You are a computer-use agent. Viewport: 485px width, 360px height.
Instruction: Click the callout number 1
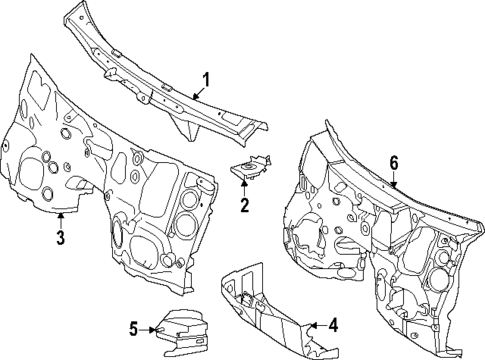(206, 80)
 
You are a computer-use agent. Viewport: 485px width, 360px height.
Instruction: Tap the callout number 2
(243, 206)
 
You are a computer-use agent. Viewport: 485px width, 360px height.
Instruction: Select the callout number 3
(60, 237)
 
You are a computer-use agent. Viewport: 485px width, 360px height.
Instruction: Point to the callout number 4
(334, 325)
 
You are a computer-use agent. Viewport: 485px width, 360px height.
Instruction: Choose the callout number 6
(394, 162)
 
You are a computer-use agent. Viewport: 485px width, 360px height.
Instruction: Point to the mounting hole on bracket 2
(247, 169)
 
